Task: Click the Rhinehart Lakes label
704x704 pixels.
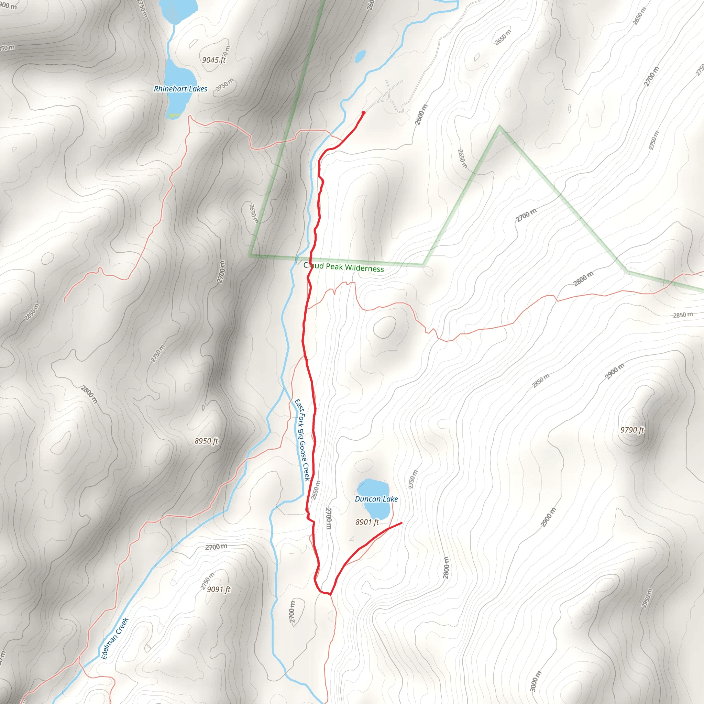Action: click(x=180, y=89)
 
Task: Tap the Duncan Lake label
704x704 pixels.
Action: click(x=376, y=499)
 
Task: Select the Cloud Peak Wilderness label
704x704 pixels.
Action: click(x=343, y=267)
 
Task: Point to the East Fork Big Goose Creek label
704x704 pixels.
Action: click(x=302, y=439)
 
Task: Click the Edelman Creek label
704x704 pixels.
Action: click(x=115, y=638)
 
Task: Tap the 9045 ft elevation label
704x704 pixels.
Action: click(x=214, y=60)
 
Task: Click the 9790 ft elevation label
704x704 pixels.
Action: click(x=632, y=430)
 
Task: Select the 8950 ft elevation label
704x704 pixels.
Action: click(x=206, y=441)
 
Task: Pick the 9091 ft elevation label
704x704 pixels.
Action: click(x=219, y=589)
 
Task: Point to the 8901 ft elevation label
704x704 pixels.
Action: click(x=367, y=522)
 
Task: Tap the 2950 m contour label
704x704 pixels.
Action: click(x=647, y=598)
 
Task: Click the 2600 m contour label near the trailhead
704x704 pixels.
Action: click(x=421, y=114)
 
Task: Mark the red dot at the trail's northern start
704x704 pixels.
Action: click(x=363, y=113)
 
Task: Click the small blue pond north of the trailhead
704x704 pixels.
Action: click(x=360, y=56)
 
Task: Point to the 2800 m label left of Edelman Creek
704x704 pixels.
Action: click(x=89, y=394)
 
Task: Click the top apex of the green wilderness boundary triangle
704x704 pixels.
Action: click(x=499, y=127)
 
